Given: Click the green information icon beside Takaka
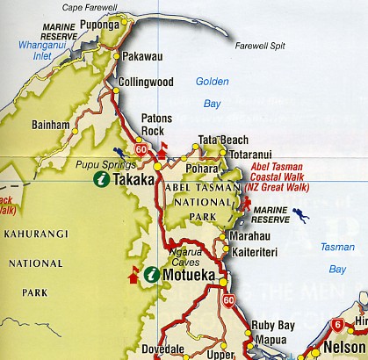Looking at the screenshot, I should pyautogui.click(x=102, y=179).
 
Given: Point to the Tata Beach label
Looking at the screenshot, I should pyautogui.click(x=223, y=140).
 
